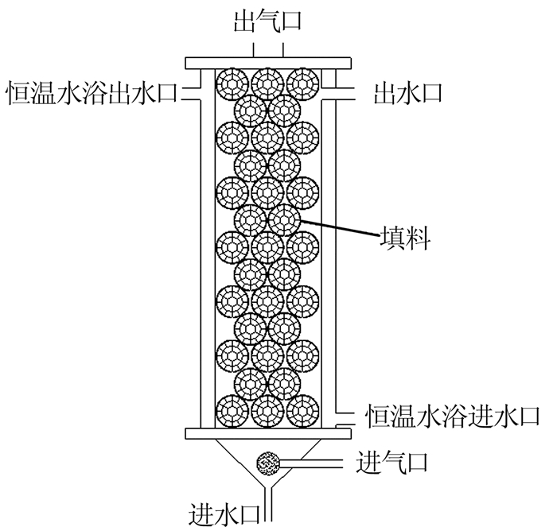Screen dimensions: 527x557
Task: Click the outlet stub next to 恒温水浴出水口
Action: (x=193, y=94)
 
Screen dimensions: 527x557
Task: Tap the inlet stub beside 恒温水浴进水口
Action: (x=343, y=413)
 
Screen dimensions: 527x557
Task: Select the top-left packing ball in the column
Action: (x=234, y=82)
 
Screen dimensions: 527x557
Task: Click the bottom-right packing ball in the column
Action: (x=302, y=411)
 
